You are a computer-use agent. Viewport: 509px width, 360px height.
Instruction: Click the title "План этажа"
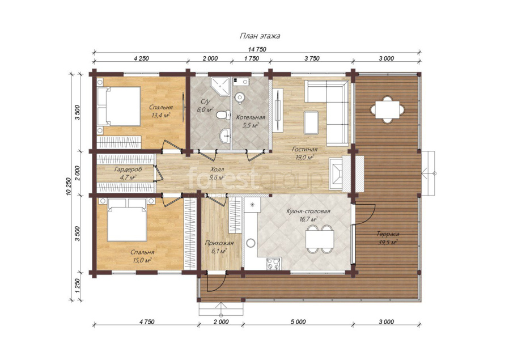(x=260, y=36)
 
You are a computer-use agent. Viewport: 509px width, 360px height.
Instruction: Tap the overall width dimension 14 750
(x=257, y=49)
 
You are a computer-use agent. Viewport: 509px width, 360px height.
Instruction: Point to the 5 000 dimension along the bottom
(x=298, y=322)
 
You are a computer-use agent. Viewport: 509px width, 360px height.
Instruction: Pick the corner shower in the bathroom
(x=219, y=86)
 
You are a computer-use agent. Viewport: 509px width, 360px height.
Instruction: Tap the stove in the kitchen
(x=273, y=264)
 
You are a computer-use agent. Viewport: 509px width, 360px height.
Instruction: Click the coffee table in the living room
(x=311, y=122)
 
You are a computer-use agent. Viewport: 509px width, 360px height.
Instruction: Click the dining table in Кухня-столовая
(x=320, y=239)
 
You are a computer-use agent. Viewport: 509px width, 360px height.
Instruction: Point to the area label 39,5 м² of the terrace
(x=388, y=242)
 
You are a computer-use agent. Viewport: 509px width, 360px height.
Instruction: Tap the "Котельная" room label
(x=251, y=117)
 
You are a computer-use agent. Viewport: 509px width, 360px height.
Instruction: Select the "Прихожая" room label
(x=219, y=243)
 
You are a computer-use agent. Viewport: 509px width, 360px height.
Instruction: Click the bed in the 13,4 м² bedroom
(x=119, y=106)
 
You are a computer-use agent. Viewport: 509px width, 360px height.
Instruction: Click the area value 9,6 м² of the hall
(x=217, y=177)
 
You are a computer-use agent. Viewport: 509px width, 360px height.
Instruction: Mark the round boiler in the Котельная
(x=240, y=97)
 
